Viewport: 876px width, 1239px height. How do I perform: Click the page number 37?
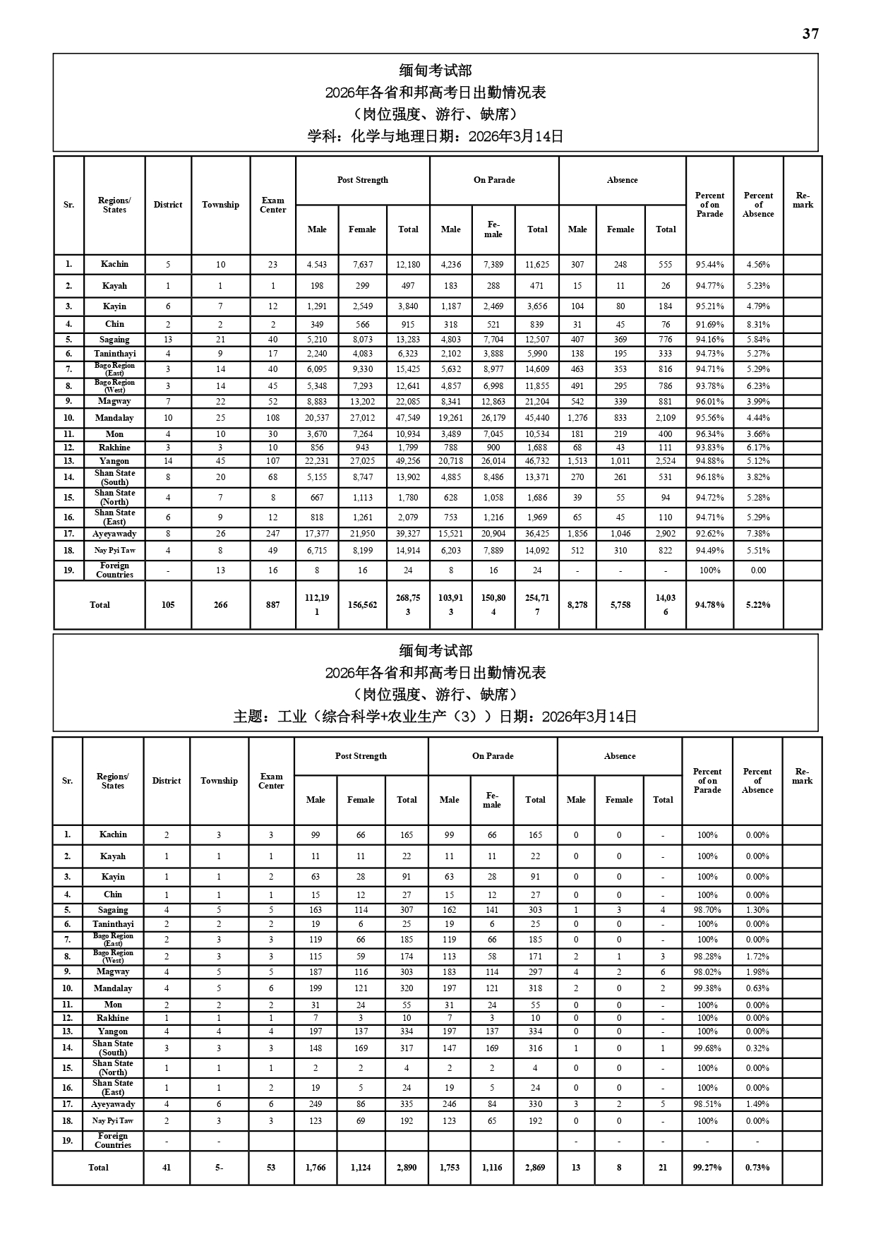810,34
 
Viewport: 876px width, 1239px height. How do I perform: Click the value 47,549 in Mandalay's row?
408,418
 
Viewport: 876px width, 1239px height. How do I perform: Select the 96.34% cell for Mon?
709,434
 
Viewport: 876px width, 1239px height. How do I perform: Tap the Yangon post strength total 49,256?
408,461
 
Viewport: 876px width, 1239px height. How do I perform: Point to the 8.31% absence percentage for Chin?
758,325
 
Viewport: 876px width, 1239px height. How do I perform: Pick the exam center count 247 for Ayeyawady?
272,534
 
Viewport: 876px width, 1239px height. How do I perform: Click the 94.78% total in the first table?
709,605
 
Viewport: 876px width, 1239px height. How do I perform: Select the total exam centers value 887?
272,605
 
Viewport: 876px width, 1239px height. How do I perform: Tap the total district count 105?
168,605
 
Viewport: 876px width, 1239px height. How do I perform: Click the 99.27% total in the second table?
707,1168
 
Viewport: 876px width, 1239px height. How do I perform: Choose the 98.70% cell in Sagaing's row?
707,910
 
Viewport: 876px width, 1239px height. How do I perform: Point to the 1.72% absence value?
757,957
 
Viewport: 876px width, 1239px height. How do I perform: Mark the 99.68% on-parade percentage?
707,1048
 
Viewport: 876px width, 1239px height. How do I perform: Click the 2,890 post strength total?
407,1168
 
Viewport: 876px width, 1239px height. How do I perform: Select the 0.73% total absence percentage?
757,1168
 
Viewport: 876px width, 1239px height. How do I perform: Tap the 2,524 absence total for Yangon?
666,461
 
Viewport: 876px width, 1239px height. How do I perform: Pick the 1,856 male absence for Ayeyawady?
577,534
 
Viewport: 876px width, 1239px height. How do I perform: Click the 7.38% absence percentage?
758,534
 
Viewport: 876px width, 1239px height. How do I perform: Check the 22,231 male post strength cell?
317,461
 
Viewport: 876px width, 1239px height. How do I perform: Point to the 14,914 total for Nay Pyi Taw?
408,551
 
